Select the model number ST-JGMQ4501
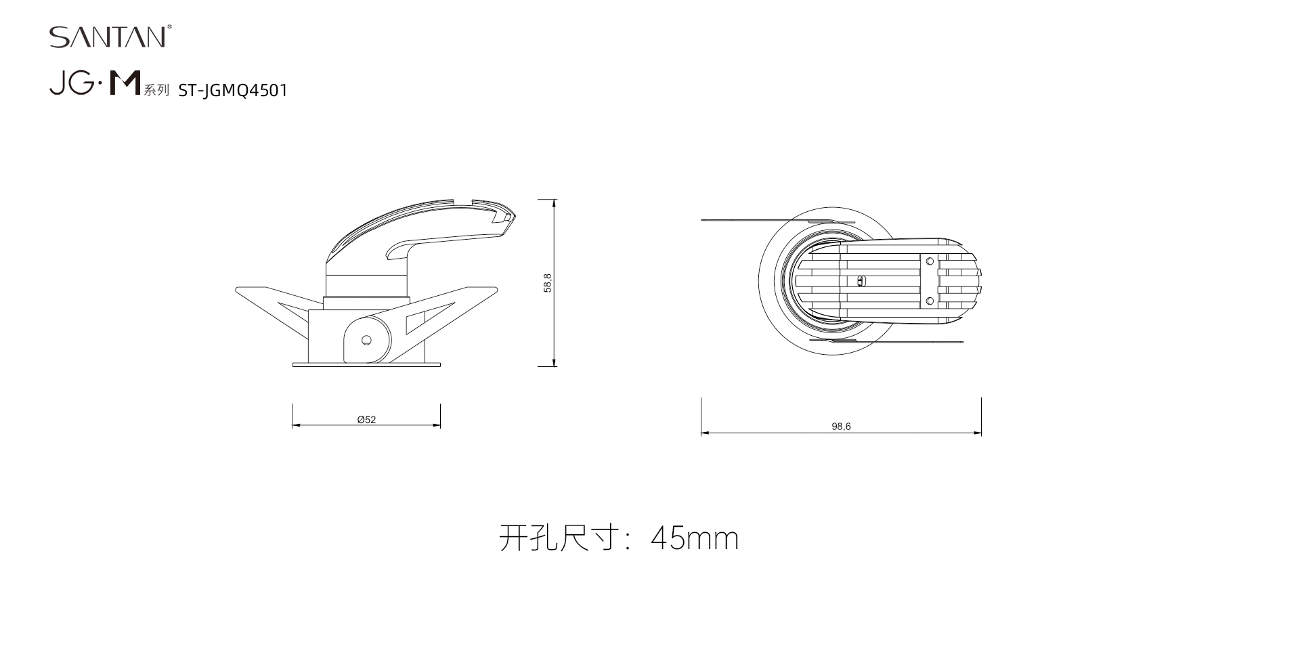point(233,91)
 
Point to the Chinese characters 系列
point(156,90)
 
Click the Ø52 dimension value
point(366,420)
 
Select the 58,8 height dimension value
point(548,282)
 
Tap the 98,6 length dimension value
point(841,427)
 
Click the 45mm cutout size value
point(695,538)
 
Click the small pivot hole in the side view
point(366,340)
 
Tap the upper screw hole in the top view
point(930,261)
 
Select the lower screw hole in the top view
point(930,301)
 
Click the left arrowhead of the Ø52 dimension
point(297,426)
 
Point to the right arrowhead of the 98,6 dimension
point(977,433)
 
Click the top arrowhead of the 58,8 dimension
point(555,204)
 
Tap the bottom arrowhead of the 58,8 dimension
point(555,362)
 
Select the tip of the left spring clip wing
point(236,290)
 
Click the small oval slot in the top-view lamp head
point(861,280)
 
